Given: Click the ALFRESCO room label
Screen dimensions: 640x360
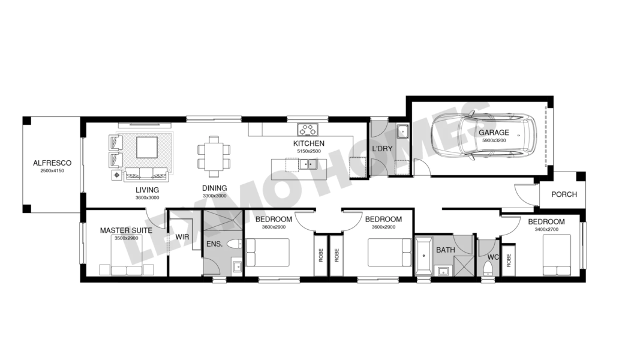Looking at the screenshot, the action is pyautogui.click(x=52, y=163).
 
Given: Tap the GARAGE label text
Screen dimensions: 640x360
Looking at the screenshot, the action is pyautogui.click(x=494, y=132).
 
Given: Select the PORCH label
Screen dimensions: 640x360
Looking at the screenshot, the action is pyautogui.click(x=564, y=194).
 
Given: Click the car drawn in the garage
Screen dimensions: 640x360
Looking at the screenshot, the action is pyautogui.click(x=483, y=136).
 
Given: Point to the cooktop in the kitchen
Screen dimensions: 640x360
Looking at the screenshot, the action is pyautogui.click(x=307, y=130).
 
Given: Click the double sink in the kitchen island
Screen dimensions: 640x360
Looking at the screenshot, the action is pyautogui.click(x=308, y=164).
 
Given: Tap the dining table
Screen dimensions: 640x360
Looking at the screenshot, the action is pyautogui.click(x=214, y=157).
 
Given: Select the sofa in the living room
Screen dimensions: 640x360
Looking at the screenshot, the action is pyautogui.click(x=146, y=174).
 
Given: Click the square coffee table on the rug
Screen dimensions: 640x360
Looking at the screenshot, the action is pyautogui.click(x=146, y=148).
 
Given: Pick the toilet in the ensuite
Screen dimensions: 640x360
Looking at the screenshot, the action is pyautogui.click(x=234, y=244).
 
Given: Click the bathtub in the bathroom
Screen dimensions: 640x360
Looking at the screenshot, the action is pyautogui.click(x=423, y=256).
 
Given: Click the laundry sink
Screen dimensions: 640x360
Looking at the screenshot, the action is pyautogui.click(x=402, y=131).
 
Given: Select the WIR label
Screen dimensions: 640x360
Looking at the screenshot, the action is pyautogui.click(x=182, y=237).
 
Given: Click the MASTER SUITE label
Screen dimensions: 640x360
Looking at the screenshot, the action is pyautogui.click(x=126, y=230).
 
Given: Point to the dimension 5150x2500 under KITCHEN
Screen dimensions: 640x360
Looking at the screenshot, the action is pyautogui.click(x=309, y=151).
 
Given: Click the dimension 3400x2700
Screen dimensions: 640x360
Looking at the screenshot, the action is pyautogui.click(x=546, y=229).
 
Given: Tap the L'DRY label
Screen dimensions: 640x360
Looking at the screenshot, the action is pyautogui.click(x=382, y=149).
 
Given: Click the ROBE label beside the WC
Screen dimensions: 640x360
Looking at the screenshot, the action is pyautogui.click(x=509, y=260).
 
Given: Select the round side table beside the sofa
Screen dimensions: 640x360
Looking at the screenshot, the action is pyautogui.click(x=117, y=175).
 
